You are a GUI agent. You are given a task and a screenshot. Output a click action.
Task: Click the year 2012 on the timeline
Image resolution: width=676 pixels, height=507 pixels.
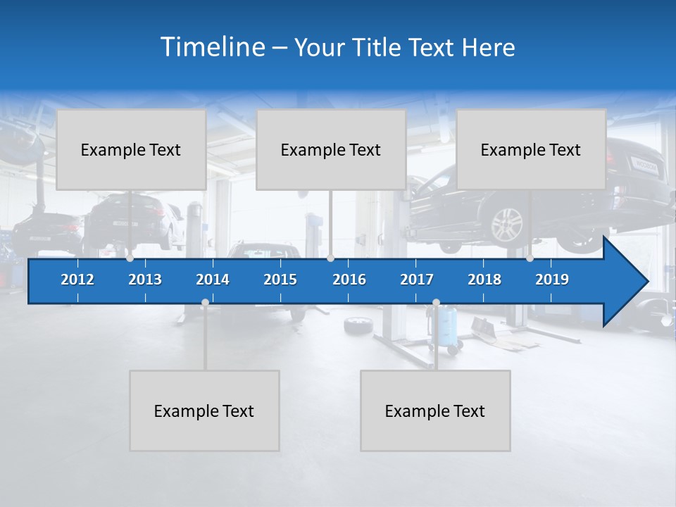(77, 280)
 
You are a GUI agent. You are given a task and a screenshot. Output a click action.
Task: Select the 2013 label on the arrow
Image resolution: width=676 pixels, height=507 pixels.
(145, 280)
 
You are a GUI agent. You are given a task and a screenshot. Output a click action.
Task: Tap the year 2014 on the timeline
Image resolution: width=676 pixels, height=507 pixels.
(213, 280)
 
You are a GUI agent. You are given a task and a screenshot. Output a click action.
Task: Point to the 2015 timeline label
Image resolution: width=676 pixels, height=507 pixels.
(280, 280)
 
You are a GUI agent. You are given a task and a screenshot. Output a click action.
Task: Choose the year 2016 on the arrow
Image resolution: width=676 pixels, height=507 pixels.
(349, 280)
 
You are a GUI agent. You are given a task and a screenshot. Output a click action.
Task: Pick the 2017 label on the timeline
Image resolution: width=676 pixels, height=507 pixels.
(417, 280)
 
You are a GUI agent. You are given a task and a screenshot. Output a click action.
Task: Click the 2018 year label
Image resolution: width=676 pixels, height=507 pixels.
(484, 280)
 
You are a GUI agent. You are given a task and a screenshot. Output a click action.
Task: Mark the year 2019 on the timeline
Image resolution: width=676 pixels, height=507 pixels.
(552, 280)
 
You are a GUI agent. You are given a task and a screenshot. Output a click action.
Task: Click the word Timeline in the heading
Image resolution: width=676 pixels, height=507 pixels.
(212, 47)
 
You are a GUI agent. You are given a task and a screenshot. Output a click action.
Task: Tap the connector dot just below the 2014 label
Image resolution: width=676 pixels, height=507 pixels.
(205, 303)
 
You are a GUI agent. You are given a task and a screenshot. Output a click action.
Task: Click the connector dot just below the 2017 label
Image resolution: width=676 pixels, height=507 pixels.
(436, 303)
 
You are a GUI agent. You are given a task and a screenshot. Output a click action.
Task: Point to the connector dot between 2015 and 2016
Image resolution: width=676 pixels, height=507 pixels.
(330, 258)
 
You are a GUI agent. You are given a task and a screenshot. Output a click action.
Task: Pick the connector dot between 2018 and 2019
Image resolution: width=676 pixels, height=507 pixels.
(530, 258)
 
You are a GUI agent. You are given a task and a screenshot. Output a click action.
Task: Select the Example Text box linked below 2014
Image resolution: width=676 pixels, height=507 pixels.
(204, 411)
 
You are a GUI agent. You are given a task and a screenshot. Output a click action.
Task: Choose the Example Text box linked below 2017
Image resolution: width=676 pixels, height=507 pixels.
(435, 411)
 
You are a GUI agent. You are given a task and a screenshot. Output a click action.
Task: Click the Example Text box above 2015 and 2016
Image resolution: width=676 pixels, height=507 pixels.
(330, 149)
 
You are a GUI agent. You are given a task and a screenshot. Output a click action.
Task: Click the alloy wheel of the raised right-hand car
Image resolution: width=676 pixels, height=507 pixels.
(507, 226)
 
